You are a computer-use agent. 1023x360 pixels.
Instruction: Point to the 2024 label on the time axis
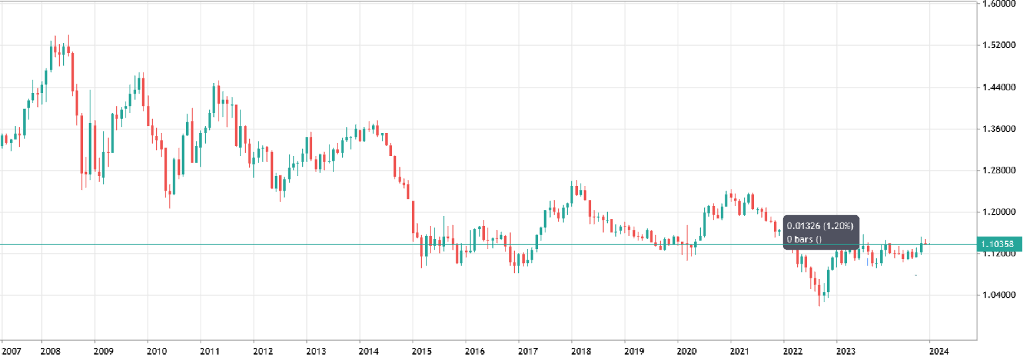tap(939, 350)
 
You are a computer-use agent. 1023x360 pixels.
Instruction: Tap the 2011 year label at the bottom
tap(209, 350)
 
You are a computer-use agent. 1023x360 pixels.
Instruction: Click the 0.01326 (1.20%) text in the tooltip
tap(820, 225)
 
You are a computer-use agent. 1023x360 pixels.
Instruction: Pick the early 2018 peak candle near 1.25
tap(572, 193)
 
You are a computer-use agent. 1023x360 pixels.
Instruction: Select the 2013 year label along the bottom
tap(316, 350)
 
